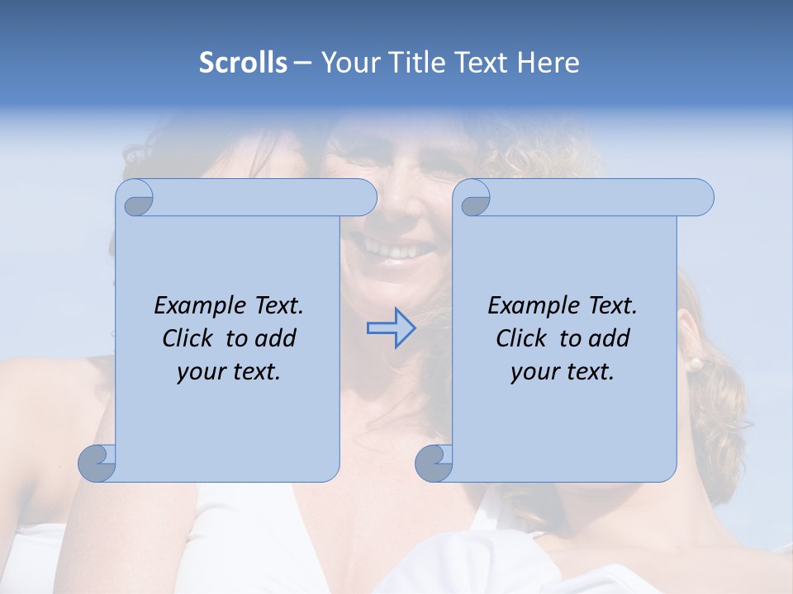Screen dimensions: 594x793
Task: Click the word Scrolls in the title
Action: [243, 63]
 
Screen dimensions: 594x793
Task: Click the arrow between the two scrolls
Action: [391, 328]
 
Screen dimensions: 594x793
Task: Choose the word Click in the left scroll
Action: [191, 338]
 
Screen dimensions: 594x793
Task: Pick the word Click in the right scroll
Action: [522, 338]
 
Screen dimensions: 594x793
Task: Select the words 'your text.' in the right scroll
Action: [563, 372]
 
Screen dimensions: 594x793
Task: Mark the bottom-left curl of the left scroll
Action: [97, 462]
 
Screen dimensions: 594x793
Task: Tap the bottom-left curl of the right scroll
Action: [434, 462]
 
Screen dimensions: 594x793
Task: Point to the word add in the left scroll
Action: [275, 338]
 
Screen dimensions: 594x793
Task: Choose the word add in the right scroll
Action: [609, 338]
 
